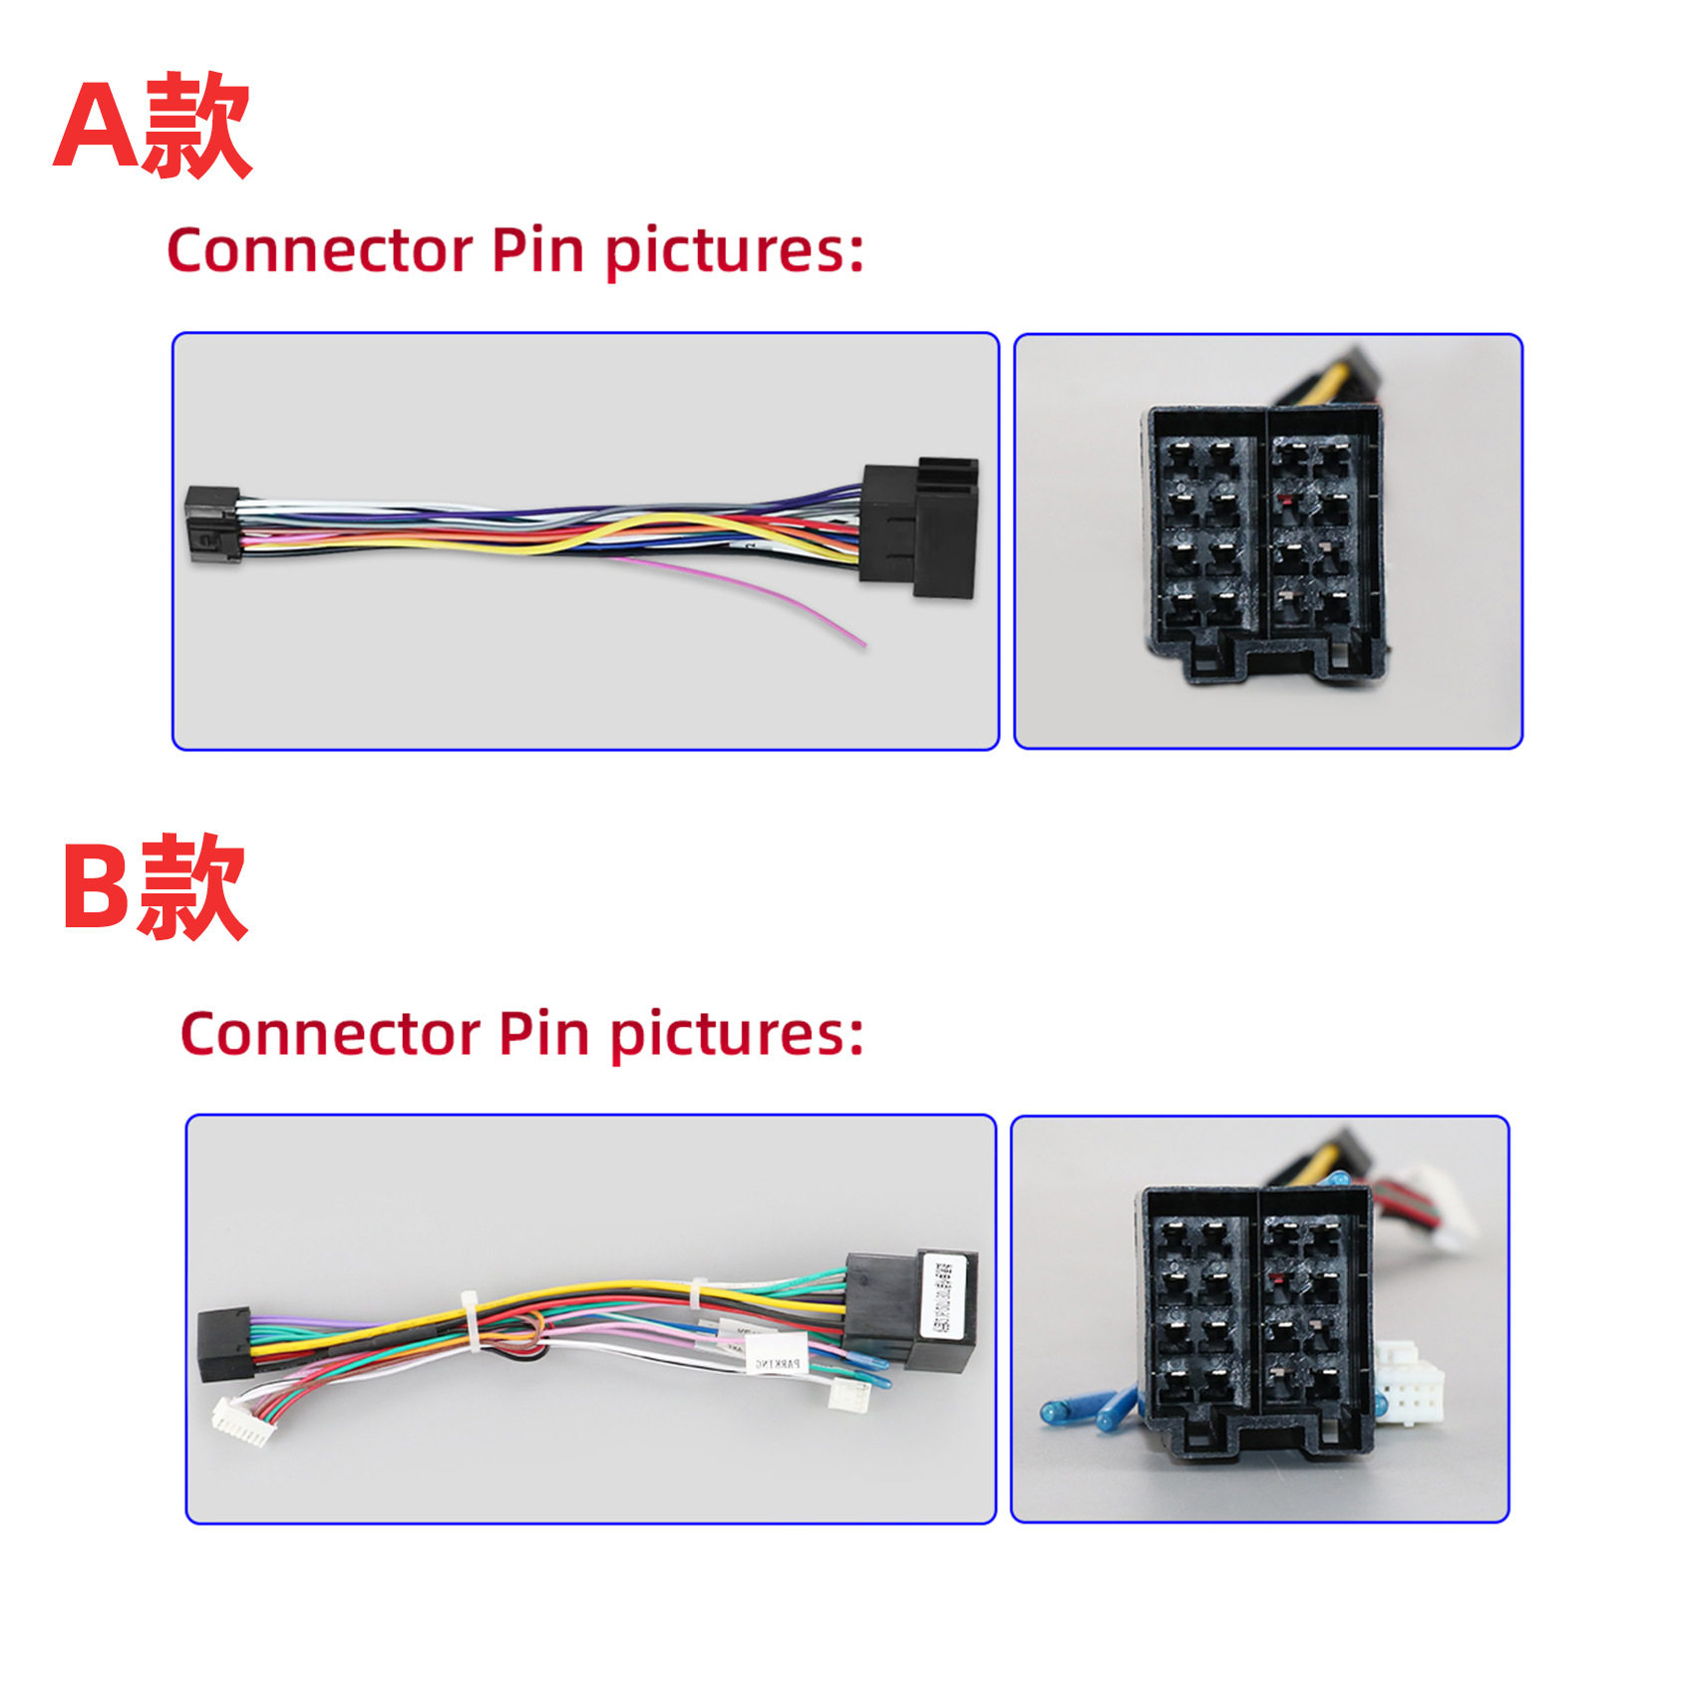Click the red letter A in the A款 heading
96,128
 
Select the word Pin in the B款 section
543,1034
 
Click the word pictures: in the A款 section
734,252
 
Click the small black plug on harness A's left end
211,523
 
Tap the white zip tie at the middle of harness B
470,1321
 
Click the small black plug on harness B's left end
224,1344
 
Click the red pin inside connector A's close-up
1287,502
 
